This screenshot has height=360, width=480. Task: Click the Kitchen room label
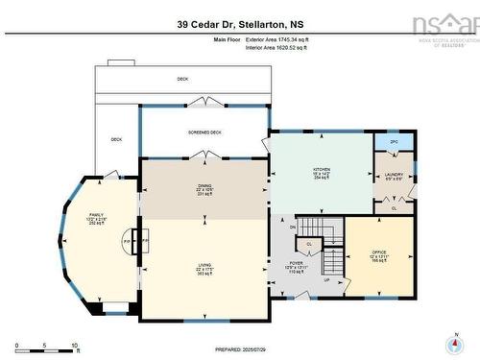point(321,168)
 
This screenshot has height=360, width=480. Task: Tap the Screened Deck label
point(204,132)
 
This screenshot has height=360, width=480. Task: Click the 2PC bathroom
point(394,143)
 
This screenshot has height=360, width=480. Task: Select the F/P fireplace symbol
point(127,242)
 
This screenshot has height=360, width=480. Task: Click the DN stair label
point(293,227)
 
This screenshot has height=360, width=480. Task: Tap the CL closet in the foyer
point(324,244)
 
